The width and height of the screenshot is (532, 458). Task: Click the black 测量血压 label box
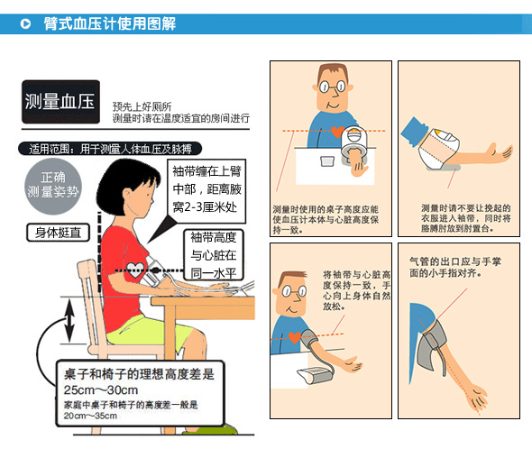coord(60,101)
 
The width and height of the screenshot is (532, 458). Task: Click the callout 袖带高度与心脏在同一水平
coord(213,255)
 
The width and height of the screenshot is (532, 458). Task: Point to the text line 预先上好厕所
coord(142,105)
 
